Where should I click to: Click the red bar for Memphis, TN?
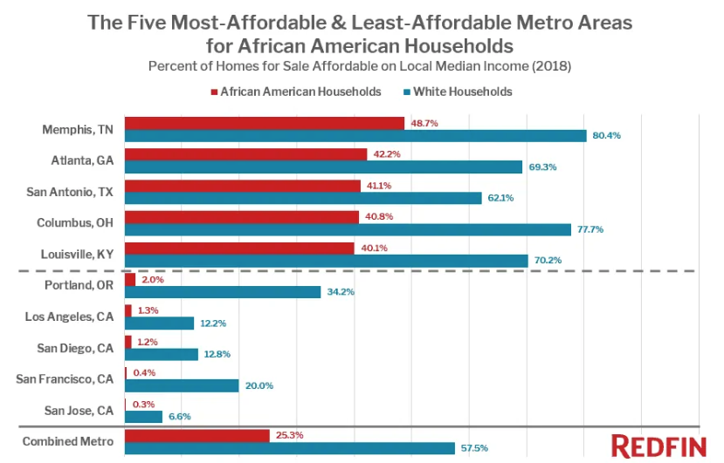[x=265, y=123]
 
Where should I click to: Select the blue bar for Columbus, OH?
[x=348, y=229]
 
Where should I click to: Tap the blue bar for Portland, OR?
[x=223, y=292]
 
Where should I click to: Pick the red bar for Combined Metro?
[x=197, y=435]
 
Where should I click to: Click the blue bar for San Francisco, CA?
[x=182, y=385]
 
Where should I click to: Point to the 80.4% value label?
[x=605, y=136]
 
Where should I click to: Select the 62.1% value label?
[x=500, y=198]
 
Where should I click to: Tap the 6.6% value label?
[x=179, y=418]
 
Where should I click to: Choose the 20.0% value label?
[x=259, y=386]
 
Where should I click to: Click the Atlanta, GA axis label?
[x=84, y=160]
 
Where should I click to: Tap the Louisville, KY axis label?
[x=78, y=255]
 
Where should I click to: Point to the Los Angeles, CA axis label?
[x=69, y=317]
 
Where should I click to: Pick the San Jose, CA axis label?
[x=79, y=411]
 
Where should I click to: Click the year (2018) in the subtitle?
[x=554, y=66]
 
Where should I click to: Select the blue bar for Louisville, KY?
[x=326, y=261]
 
